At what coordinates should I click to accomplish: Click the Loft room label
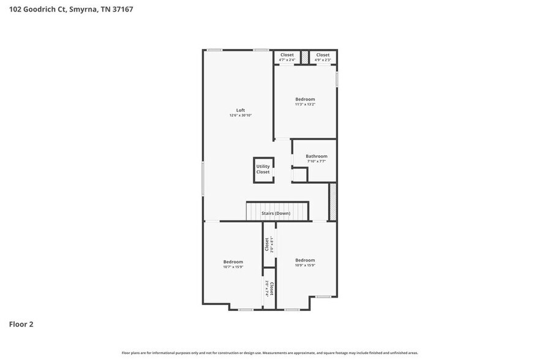coord(241,110)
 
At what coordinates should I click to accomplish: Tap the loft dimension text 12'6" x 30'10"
coord(241,116)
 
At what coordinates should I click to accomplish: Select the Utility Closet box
coord(263,170)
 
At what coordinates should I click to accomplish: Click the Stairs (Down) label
coord(276,213)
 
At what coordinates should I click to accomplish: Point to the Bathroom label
coord(317,156)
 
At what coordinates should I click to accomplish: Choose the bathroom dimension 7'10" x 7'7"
coord(317,162)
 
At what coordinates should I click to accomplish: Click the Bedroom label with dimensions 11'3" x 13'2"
coord(305,99)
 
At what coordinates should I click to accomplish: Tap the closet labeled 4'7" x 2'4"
coord(287,57)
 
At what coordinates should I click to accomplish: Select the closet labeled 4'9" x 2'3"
coord(323,57)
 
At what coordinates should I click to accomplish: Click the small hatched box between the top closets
coord(304,57)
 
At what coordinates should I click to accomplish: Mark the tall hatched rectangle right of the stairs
coord(333,201)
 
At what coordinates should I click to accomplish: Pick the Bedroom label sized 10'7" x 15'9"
coord(233,261)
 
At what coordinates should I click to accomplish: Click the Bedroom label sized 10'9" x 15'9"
coord(304,260)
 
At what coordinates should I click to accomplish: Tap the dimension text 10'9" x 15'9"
coord(304,265)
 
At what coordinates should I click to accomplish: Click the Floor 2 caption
coord(21,324)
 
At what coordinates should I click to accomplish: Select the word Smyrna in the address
coord(85,9)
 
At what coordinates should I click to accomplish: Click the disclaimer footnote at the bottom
coord(270,353)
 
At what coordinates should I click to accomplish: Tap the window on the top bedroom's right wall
coord(337,82)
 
